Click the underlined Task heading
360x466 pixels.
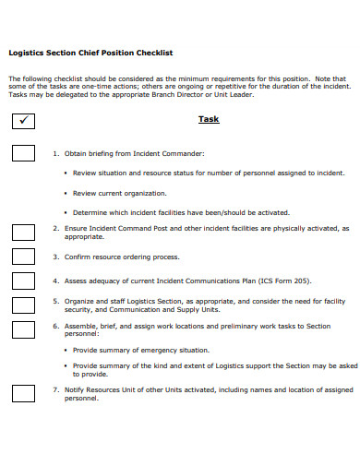point(209,119)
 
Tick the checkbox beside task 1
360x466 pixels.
point(24,153)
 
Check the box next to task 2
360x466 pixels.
point(24,231)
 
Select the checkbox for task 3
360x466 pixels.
point(24,256)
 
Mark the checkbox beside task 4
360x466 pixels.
point(24,280)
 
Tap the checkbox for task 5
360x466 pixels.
point(24,304)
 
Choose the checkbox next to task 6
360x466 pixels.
point(24,328)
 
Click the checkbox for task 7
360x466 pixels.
point(24,394)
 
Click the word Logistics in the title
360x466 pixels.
point(27,53)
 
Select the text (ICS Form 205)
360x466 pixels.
point(281,280)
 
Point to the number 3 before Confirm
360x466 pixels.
point(54,256)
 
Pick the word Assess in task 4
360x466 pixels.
point(76,280)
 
